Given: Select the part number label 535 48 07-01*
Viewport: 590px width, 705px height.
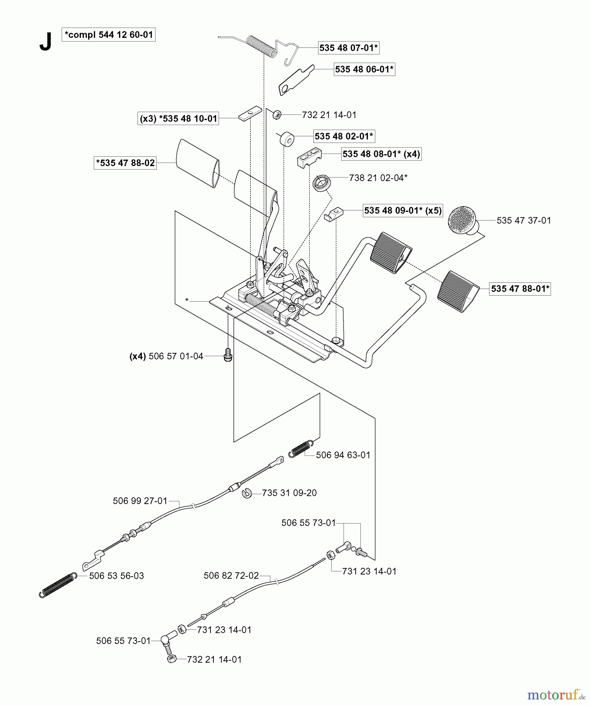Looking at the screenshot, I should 348,48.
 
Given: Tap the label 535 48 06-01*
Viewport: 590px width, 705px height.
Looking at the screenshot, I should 364,69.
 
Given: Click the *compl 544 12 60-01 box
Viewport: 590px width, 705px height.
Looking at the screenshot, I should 109,35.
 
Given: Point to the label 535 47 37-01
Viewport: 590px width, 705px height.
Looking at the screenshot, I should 523,221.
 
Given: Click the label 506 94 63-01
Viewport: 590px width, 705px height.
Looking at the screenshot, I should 343,455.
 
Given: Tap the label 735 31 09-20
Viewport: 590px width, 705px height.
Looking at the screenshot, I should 289,493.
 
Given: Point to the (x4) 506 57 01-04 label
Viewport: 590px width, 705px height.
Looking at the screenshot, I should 167,356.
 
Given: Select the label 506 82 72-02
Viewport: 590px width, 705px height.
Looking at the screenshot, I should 231,575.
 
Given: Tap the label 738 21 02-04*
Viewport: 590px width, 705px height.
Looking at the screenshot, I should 378,178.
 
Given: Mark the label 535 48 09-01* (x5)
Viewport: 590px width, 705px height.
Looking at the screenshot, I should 403,210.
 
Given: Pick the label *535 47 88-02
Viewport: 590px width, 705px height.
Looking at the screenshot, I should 125,163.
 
